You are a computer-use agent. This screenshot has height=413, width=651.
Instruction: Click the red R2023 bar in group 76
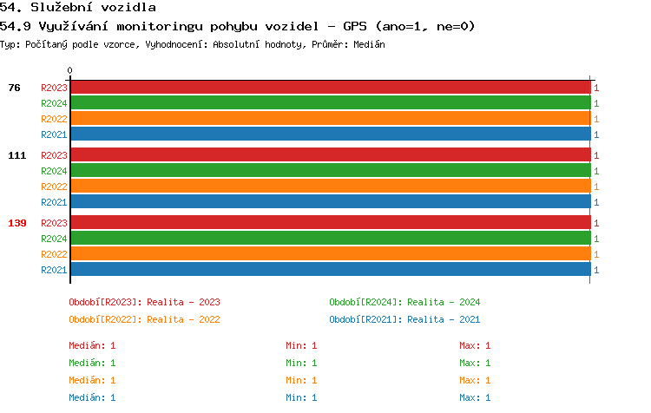(330, 88)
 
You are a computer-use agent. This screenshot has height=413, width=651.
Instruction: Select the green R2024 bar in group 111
(330, 171)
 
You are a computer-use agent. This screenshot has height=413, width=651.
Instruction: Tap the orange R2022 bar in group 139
(330, 254)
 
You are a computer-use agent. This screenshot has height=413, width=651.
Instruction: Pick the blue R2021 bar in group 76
(330, 134)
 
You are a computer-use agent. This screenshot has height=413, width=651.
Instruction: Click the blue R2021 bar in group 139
(330, 270)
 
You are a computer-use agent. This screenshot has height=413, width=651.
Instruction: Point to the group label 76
(15, 88)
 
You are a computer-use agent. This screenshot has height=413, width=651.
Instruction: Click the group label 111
(17, 155)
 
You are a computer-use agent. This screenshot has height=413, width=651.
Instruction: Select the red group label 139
(17, 223)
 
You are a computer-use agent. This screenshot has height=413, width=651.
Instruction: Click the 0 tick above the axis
(70, 70)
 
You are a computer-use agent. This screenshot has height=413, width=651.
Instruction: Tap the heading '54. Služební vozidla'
(78, 8)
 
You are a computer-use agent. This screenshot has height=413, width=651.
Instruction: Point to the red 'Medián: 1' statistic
(92, 345)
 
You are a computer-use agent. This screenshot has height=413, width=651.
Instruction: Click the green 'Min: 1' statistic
(302, 363)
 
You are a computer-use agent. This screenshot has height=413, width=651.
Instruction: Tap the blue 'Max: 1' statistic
(475, 397)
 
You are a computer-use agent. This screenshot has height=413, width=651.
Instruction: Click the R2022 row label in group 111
(54, 187)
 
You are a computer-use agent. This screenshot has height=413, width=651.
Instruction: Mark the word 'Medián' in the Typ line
(371, 44)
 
